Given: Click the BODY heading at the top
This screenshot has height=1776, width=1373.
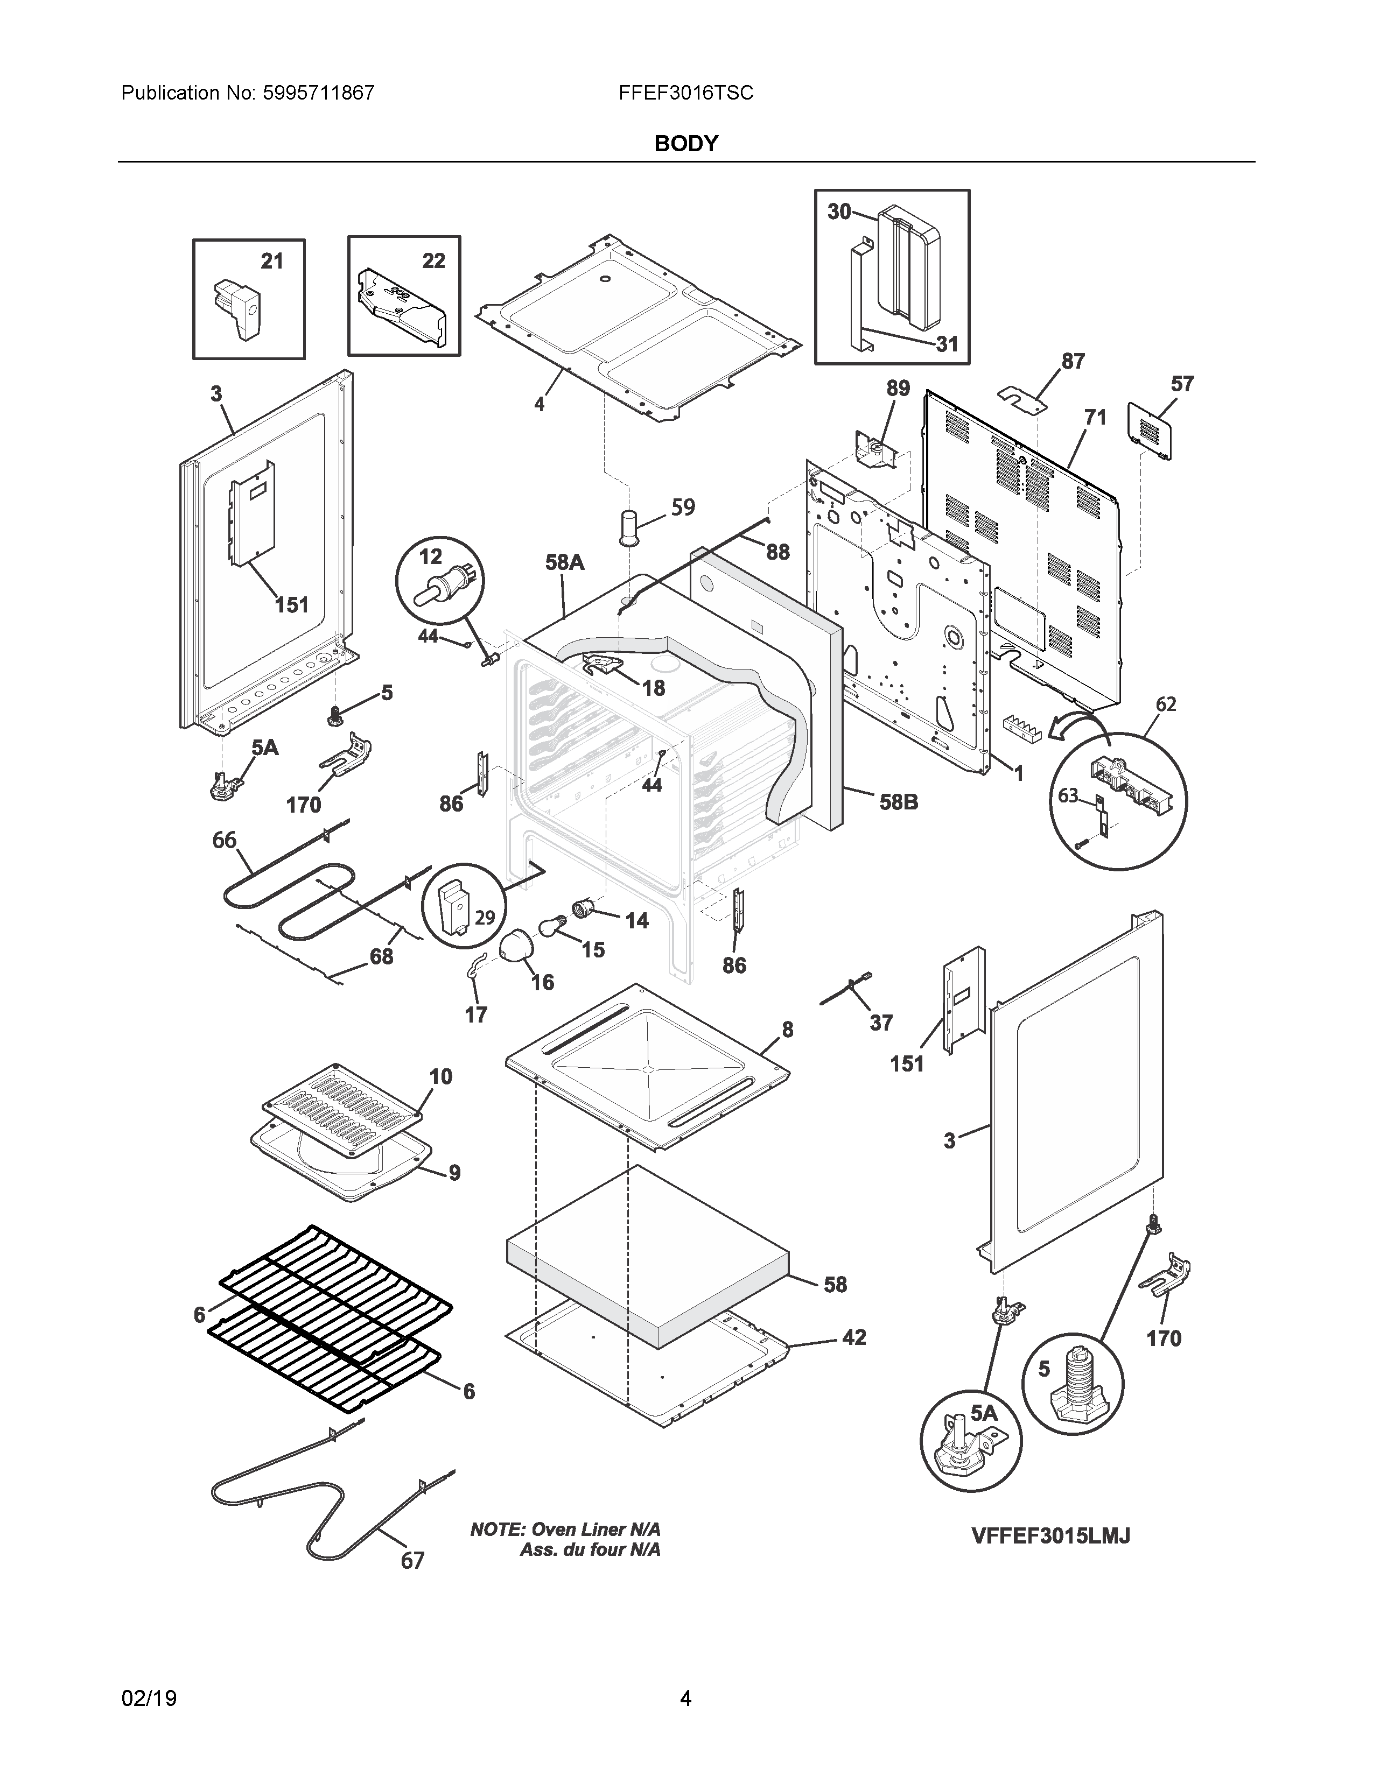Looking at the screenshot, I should coord(685,144).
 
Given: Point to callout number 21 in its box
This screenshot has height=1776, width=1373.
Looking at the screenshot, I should coord(272,261).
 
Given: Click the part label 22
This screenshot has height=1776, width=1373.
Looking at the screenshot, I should coord(433,260).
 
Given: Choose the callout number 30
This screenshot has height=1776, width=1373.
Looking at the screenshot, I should coord(838,212).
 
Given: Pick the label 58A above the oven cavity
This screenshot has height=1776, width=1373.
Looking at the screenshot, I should coord(564,562).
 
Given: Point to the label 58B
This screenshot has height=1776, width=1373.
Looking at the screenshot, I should coord(899,802).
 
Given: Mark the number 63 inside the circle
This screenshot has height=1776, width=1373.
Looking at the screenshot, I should coord(1068,795).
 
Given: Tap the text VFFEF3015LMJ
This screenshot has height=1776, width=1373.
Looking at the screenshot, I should coord(1050,1536).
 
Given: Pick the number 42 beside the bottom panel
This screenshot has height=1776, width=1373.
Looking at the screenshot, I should coord(853,1338).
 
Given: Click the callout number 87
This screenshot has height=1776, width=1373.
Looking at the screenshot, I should coord(1073,361).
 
